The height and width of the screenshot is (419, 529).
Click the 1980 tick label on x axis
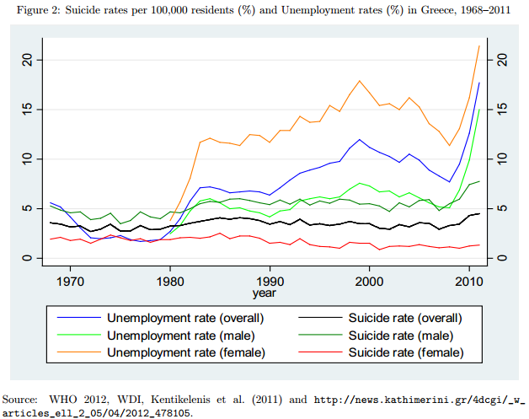pyautogui.click(x=170, y=280)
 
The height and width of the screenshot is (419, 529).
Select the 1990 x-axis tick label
pyautogui.click(x=270, y=280)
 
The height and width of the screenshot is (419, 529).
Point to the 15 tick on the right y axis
pyautogui.click(x=502, y=110)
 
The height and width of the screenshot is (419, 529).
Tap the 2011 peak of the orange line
pyautogui.click(x=479, y=46)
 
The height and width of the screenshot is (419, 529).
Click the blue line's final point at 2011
pyautogui.click(x=479, y=83)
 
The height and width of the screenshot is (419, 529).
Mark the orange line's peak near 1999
pyautogui.click(x=360, y=81)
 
